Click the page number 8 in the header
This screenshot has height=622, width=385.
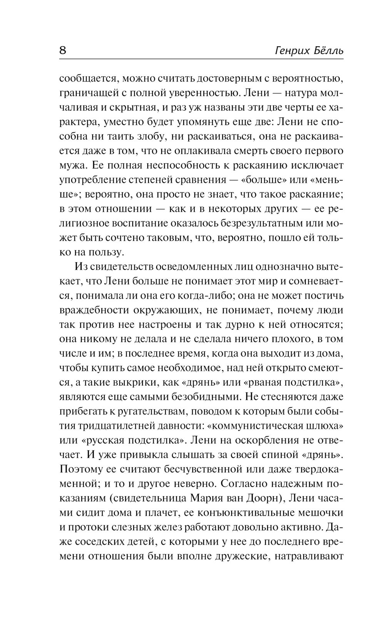[x=63, y=50]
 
